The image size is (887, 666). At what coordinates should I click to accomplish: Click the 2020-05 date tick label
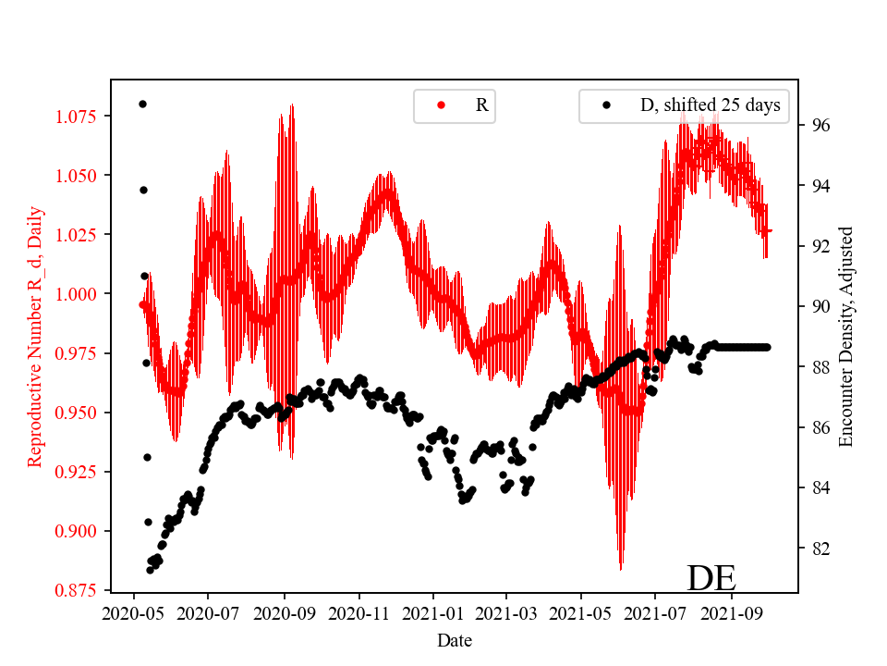135,612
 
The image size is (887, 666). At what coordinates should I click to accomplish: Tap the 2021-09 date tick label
732,612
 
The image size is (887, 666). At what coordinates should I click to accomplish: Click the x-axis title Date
455,639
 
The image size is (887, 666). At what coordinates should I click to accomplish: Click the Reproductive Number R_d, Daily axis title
35,336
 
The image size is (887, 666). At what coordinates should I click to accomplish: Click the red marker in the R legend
441,105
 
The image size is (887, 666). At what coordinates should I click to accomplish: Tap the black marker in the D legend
607,105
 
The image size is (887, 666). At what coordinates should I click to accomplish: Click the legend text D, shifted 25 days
710,105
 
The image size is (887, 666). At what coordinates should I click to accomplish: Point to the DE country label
711,578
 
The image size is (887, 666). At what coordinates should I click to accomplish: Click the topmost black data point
142,104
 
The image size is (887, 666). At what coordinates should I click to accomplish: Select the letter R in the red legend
481,105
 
